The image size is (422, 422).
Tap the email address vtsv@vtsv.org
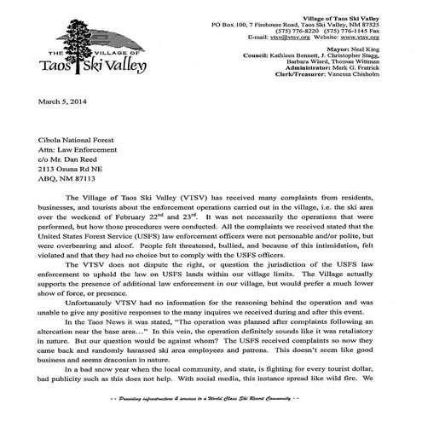(x=291, y=38)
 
